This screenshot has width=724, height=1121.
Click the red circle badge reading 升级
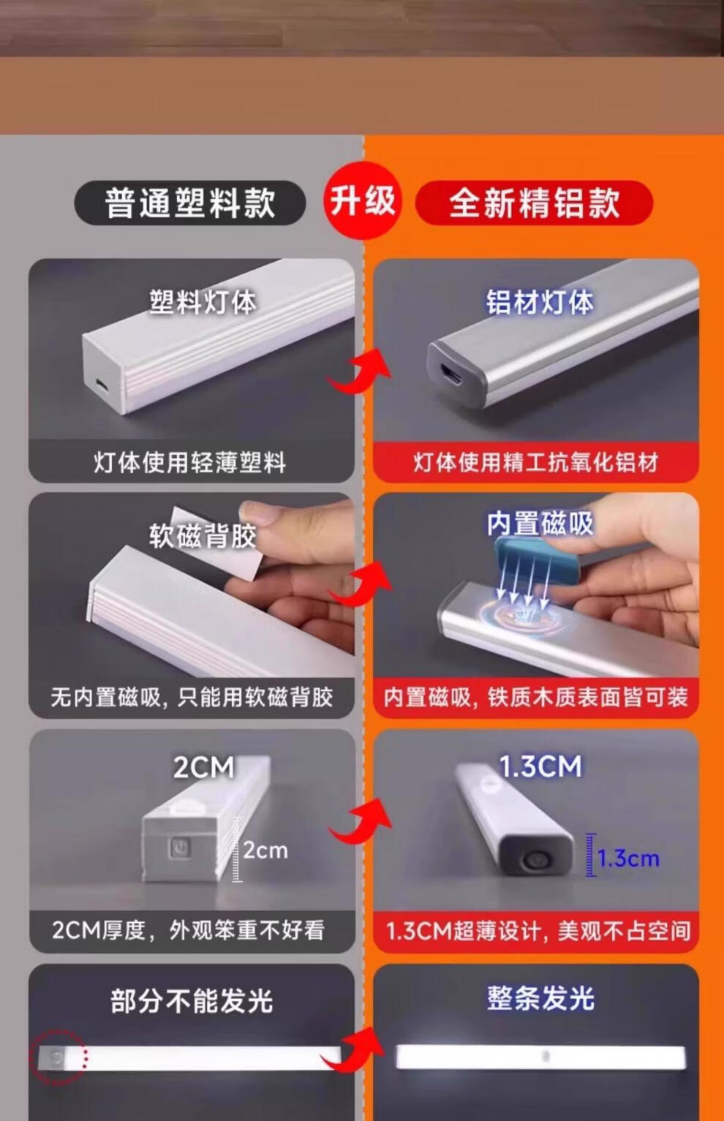[363, 200]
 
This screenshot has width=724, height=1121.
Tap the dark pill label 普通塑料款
[190, 203]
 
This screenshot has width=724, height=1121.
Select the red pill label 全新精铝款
[535, 203]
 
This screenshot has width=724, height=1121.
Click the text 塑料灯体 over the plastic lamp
[203, 302]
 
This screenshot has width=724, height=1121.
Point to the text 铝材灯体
[540, 302]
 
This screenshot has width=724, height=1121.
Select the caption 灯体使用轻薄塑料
[189, 462]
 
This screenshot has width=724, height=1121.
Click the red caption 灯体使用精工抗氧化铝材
[536, 462]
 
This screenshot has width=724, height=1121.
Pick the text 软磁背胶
[203, 536]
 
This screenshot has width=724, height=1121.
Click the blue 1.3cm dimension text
[628, 858]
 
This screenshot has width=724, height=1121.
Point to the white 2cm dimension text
[265, 850]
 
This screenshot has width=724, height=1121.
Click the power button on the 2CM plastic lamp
[178, 848]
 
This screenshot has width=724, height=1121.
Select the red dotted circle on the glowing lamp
[59, 1057]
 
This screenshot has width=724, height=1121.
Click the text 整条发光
[540, 999]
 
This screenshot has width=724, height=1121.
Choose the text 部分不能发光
[192, 1001]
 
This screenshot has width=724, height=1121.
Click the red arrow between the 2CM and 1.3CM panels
[361, 820]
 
